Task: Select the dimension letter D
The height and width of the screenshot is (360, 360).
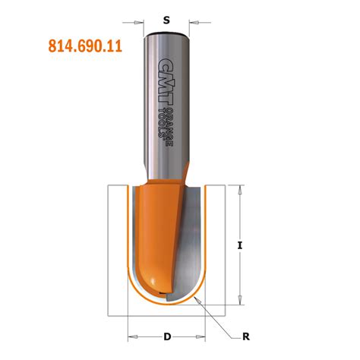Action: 166,335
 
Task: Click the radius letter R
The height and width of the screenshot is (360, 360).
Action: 245,335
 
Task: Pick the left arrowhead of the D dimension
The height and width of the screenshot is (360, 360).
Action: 129,335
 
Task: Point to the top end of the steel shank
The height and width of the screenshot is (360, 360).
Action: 166,33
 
